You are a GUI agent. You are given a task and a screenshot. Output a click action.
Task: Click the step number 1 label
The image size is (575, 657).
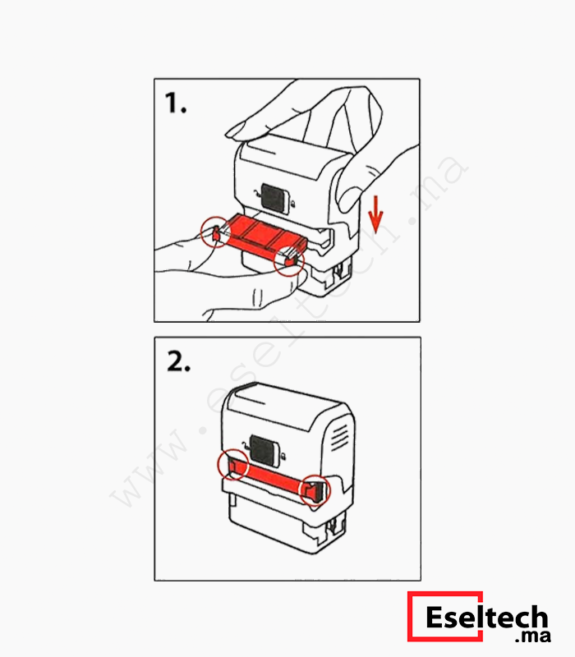176,103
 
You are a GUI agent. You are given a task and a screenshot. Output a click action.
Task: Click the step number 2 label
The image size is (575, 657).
178,361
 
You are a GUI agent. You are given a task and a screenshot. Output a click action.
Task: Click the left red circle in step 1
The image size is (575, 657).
202,232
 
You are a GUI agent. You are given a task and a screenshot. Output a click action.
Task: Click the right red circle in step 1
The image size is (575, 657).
275,261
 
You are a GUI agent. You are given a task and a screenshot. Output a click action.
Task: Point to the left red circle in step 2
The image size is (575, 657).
219,464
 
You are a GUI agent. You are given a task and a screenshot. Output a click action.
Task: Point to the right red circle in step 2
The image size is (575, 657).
301,490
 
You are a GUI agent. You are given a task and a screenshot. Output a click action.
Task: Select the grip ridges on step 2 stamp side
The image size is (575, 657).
339,438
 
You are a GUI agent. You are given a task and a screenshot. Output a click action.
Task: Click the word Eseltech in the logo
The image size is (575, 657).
486,617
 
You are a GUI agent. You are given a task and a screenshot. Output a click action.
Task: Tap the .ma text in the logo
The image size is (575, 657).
532,636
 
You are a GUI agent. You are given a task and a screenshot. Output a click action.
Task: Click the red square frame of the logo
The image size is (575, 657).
408,616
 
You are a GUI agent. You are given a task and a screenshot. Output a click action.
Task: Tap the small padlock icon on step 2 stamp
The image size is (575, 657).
284,455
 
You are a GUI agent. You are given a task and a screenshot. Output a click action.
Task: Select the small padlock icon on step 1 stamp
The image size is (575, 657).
293,204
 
